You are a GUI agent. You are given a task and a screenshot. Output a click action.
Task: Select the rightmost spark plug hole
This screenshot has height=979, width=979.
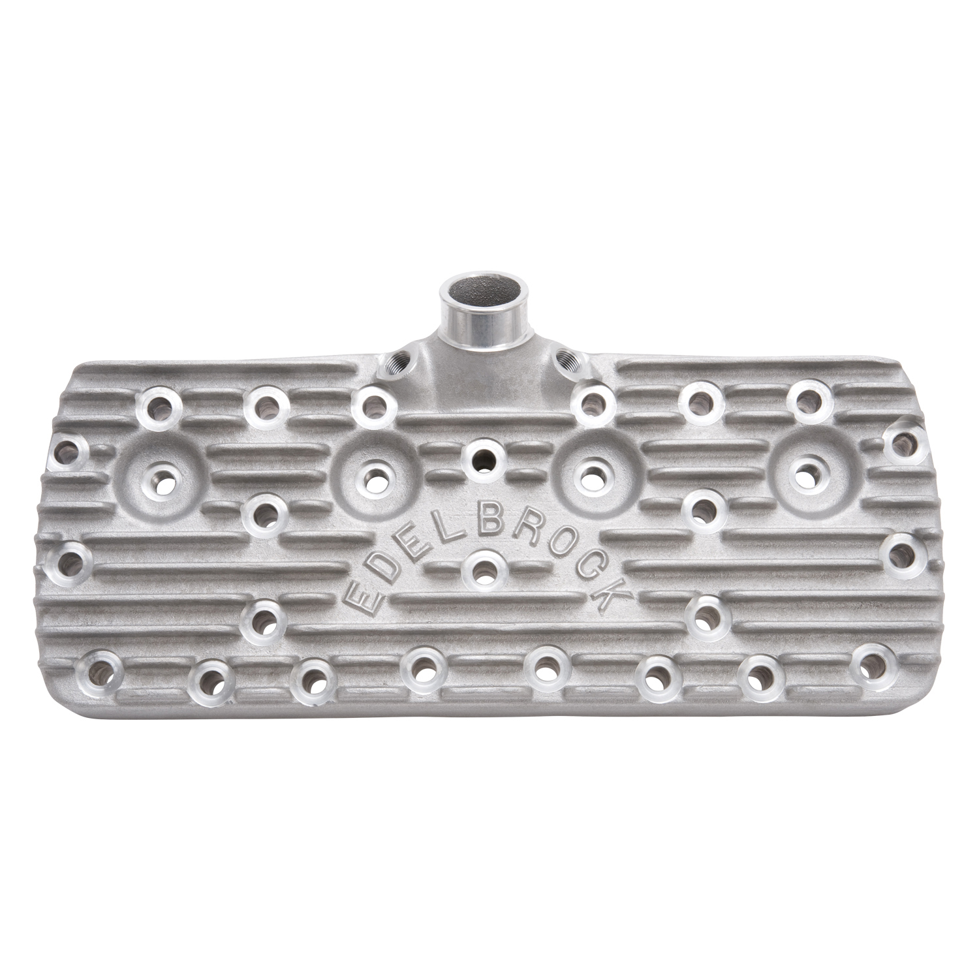click(x=809, y=472)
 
